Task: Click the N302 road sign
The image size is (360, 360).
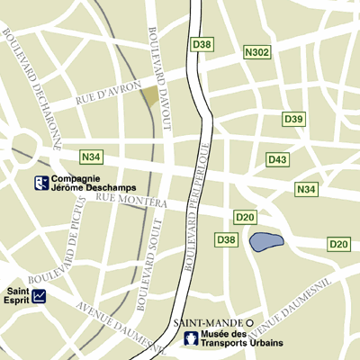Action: click(x=257, y=53)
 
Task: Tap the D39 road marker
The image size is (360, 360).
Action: click(x=293, y=119)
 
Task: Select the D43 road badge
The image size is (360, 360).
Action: click(x=278, y=159)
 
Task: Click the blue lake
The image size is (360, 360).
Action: click(x=265, y=241)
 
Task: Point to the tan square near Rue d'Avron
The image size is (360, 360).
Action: click(x=148, y=94)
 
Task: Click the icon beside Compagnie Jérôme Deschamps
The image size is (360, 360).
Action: click(x=40, y=184)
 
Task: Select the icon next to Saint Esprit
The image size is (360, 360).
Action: click(x=40, y=294)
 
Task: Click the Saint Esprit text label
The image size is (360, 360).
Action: click(x=19, y=295)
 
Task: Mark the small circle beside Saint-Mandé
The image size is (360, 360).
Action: click(x=250, y=322)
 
